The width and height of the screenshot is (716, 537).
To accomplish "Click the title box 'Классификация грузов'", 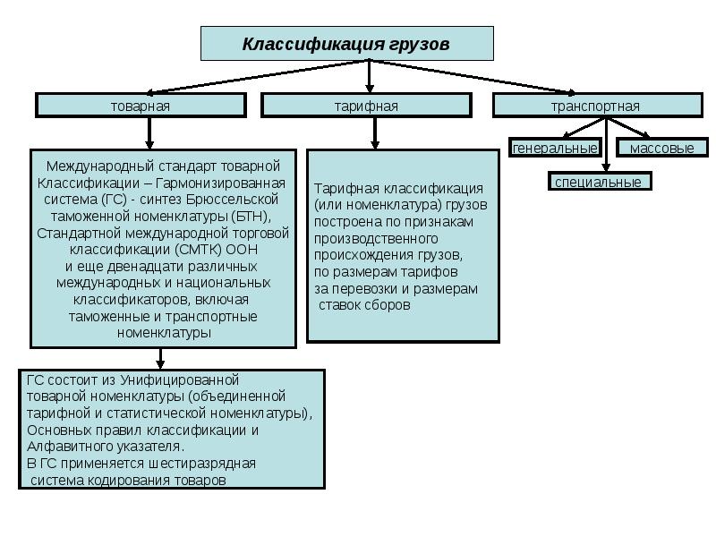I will (345, 44).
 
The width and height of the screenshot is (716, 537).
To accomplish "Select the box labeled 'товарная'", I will (141, 106).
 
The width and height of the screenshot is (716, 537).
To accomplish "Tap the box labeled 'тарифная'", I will (366, 106).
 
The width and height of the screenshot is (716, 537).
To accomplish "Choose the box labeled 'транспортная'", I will (595, 106).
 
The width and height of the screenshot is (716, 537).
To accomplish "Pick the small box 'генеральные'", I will (554, 148).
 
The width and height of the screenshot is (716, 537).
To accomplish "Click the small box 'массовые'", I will (661, 148).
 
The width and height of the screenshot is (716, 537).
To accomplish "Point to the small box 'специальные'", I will (598, 182).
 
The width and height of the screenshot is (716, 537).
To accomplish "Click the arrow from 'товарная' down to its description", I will (149, 132).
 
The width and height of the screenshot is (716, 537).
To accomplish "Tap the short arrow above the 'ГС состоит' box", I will (161, 358).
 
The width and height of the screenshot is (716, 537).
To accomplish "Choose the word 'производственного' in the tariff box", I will (376, 239).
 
